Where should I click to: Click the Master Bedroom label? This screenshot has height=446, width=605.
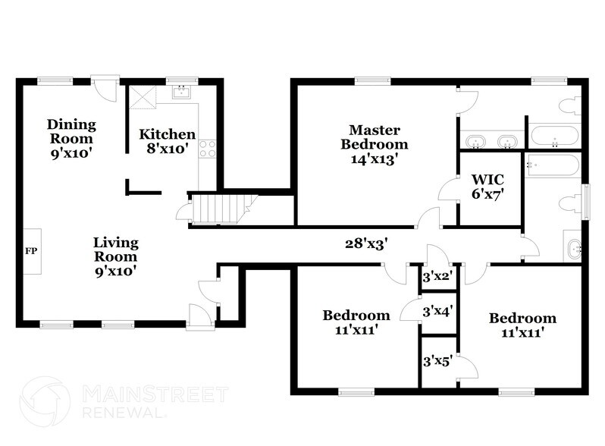pos(374,144)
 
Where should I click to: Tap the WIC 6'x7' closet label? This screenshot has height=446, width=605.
pos(487,186)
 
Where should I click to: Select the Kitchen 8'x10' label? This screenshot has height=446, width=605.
pos(167,141)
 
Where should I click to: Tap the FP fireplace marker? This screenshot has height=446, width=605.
pos(31,250)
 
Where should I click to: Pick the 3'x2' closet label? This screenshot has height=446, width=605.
pos(436,277)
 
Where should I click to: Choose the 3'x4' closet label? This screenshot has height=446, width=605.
pos(436,310)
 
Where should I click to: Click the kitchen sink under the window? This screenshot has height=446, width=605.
pos(183,93)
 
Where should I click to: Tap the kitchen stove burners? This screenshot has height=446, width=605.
pos(206,149)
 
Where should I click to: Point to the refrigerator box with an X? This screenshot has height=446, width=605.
pos(141,98)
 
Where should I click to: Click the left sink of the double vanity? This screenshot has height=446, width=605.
pos(476,141)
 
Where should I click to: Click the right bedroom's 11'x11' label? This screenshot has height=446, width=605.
pos(522,325)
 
